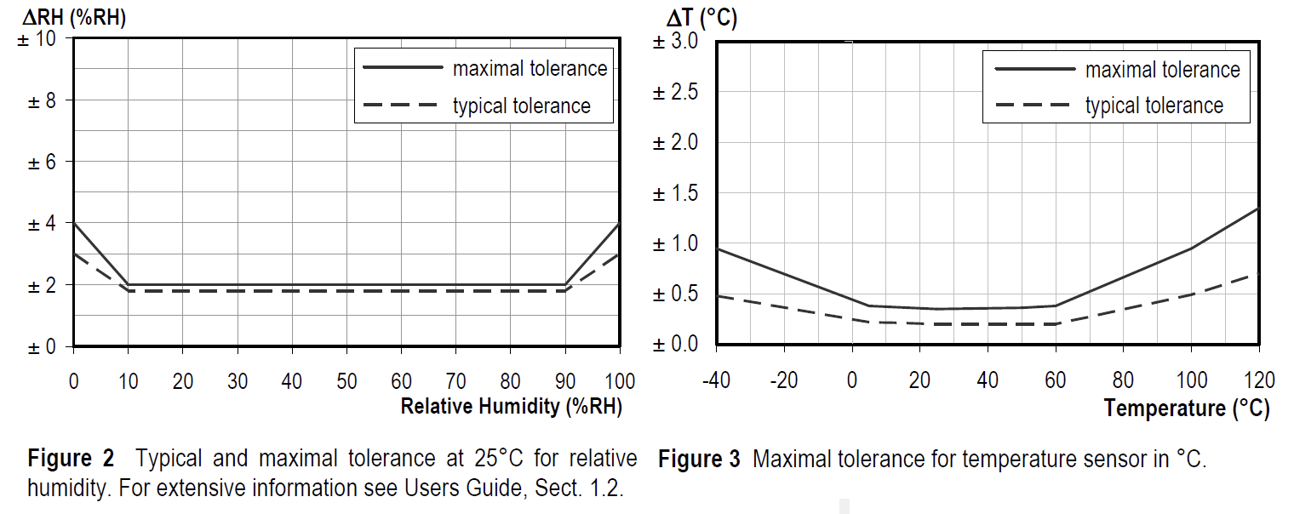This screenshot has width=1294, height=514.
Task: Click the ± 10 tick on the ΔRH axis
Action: (37, 39)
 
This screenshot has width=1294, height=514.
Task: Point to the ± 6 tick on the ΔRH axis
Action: (37, 162)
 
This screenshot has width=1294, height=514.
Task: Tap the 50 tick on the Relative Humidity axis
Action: (346, 380)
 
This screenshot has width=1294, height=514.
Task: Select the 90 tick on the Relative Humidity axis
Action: (565, 380)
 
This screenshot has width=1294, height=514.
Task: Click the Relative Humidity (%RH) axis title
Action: (512, 407)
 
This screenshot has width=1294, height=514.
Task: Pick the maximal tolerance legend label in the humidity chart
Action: (530, 68)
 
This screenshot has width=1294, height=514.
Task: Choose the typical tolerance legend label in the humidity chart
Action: (521, 106)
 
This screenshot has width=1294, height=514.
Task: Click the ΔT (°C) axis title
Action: (701, 18)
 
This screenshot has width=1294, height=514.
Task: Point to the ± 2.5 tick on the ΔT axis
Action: (675, 92)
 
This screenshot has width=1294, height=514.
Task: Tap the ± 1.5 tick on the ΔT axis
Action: (675, 193)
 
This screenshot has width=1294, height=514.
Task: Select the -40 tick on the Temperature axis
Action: (717, 380)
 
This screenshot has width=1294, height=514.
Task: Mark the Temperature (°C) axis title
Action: (1187, 408)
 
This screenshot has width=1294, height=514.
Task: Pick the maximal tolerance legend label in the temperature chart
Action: (1162, 69)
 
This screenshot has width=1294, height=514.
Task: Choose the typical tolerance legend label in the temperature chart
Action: (1154, 106)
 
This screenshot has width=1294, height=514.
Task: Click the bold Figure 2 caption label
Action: (71, 459)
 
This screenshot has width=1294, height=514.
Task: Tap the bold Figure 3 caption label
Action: (699, 460)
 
